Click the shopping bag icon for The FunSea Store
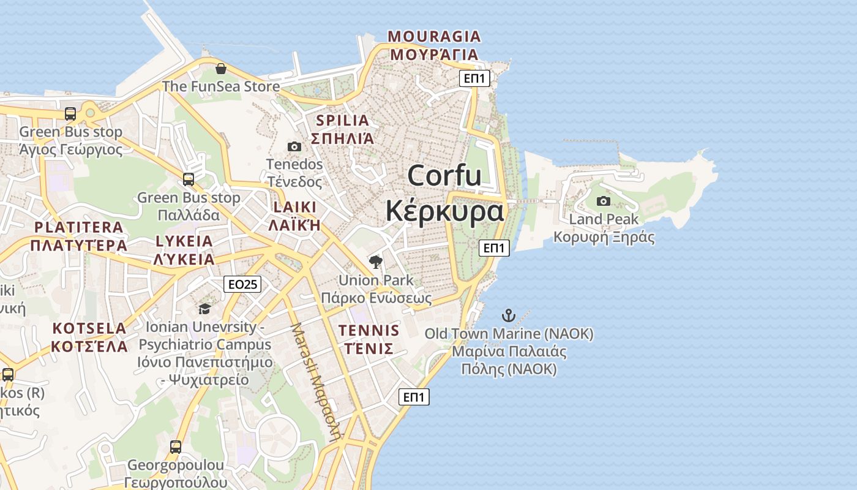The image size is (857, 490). click(x=221, y=68)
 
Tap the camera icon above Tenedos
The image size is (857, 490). click(x=294, y=146)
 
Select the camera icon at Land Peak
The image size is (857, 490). click(x=604, y=201)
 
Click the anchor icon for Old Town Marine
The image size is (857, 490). click(x=509, y=316)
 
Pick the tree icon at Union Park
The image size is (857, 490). click(x=376, y=263)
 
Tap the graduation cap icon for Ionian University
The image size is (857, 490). click(x=204, y=309)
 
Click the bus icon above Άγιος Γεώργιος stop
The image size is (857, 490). click(x=70, y=114)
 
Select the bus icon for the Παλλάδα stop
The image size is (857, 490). click(x=189, y=179)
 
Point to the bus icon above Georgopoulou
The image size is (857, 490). click(x=176, y=447)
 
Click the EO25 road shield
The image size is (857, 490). click(x=242, y=284)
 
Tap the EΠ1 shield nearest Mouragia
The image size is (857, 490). click(x=475, y=78)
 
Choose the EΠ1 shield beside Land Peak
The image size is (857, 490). click(x=495, y=248)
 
